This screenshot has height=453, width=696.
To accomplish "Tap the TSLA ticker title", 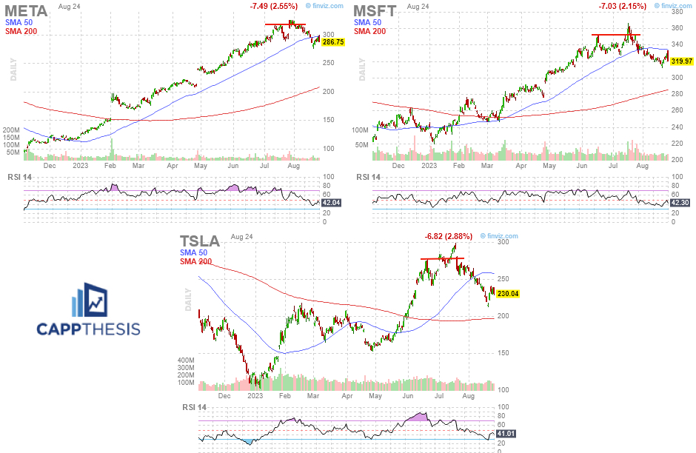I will coord(200,241).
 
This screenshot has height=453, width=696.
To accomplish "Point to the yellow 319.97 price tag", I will coord(682,60).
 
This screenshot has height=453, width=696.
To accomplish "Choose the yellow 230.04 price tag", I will coord(507,294).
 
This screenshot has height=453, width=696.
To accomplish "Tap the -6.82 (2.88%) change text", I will coord(447,236).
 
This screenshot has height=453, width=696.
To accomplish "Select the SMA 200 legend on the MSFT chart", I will coord(369,32).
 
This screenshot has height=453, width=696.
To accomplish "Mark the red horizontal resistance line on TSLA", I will coord(443,258).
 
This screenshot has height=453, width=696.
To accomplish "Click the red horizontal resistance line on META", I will coord(285,24).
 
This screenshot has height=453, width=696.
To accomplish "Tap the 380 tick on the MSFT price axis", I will coord(677,12).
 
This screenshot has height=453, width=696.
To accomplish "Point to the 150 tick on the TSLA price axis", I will coord(503,352).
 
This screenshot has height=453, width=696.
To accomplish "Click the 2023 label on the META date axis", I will coord(81,166).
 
